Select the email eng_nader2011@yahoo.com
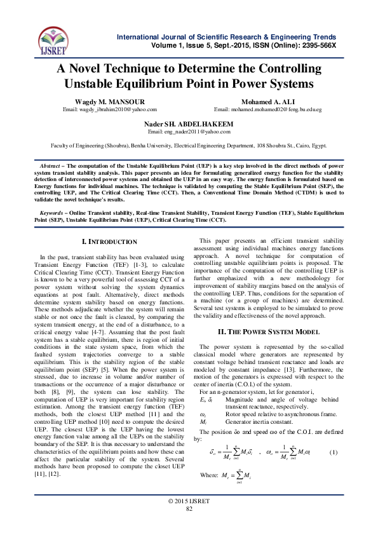[189, 132]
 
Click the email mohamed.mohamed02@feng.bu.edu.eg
[267, 110]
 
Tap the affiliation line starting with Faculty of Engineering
[189, 145]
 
